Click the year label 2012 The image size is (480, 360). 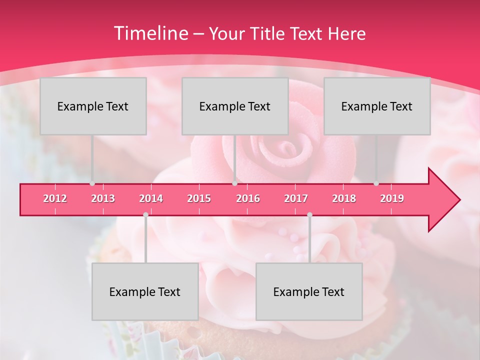55,198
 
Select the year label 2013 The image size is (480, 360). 103,198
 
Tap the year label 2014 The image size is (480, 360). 151,198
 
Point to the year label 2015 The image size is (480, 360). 199,198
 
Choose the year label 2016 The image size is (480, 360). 248,198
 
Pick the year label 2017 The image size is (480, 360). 296,198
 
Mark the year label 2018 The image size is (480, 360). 344,198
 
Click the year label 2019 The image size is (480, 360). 392,198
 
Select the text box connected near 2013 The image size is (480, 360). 93,106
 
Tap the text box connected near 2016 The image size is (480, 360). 235,106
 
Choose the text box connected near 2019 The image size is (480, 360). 377,106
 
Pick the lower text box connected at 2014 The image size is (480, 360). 145,291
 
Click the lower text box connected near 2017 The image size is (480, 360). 309,291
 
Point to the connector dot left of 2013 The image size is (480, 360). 92,183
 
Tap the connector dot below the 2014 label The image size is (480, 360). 145,214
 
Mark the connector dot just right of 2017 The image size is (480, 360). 309,214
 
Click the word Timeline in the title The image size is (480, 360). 150,33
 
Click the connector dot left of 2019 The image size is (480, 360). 376,183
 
